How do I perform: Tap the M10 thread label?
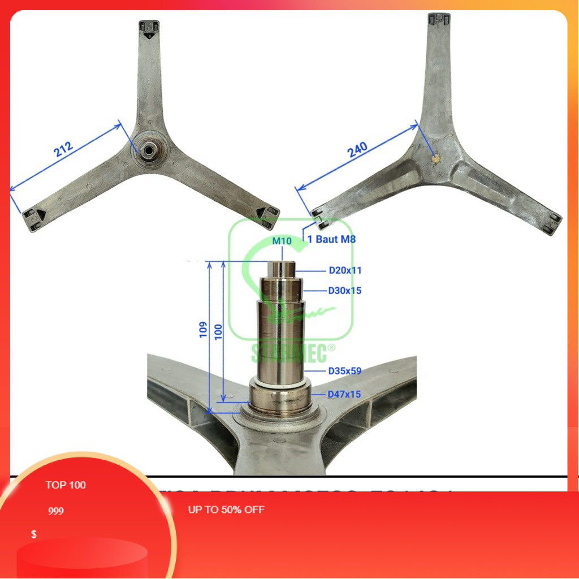click(x=282, y=241)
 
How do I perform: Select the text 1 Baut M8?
click(x=331, y=239)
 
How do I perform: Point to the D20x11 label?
click(x=345, y=271)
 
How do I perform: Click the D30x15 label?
click(x=345, y=291)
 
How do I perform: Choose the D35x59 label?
click(x=345, y=371)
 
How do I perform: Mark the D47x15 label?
click(x=345, y=394)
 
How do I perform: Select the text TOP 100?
click(x=66, y=485)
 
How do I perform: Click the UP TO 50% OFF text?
click(x=226, y=509)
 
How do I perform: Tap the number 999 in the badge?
click(x=56, y=511)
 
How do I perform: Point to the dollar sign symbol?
click(x=34, y=534)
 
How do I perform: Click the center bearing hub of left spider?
click(x=150, y=150)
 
